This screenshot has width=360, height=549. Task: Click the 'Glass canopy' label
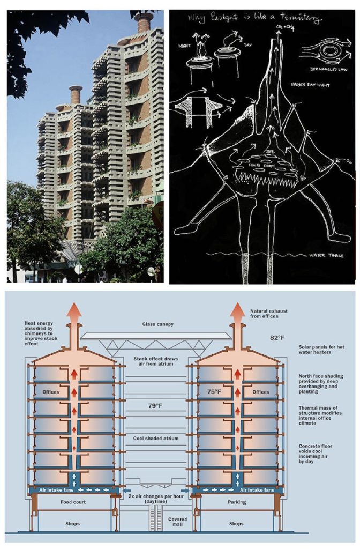pos(156,324)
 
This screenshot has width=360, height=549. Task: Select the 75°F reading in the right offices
pos(214,392)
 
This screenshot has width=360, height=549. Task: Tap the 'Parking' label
pos(236,502)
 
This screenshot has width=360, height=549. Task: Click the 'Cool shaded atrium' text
pos(156,438)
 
